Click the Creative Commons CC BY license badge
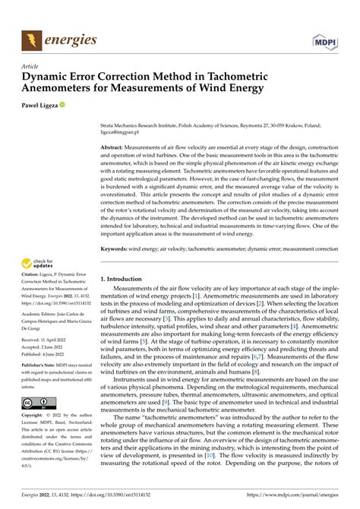[37, 401]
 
